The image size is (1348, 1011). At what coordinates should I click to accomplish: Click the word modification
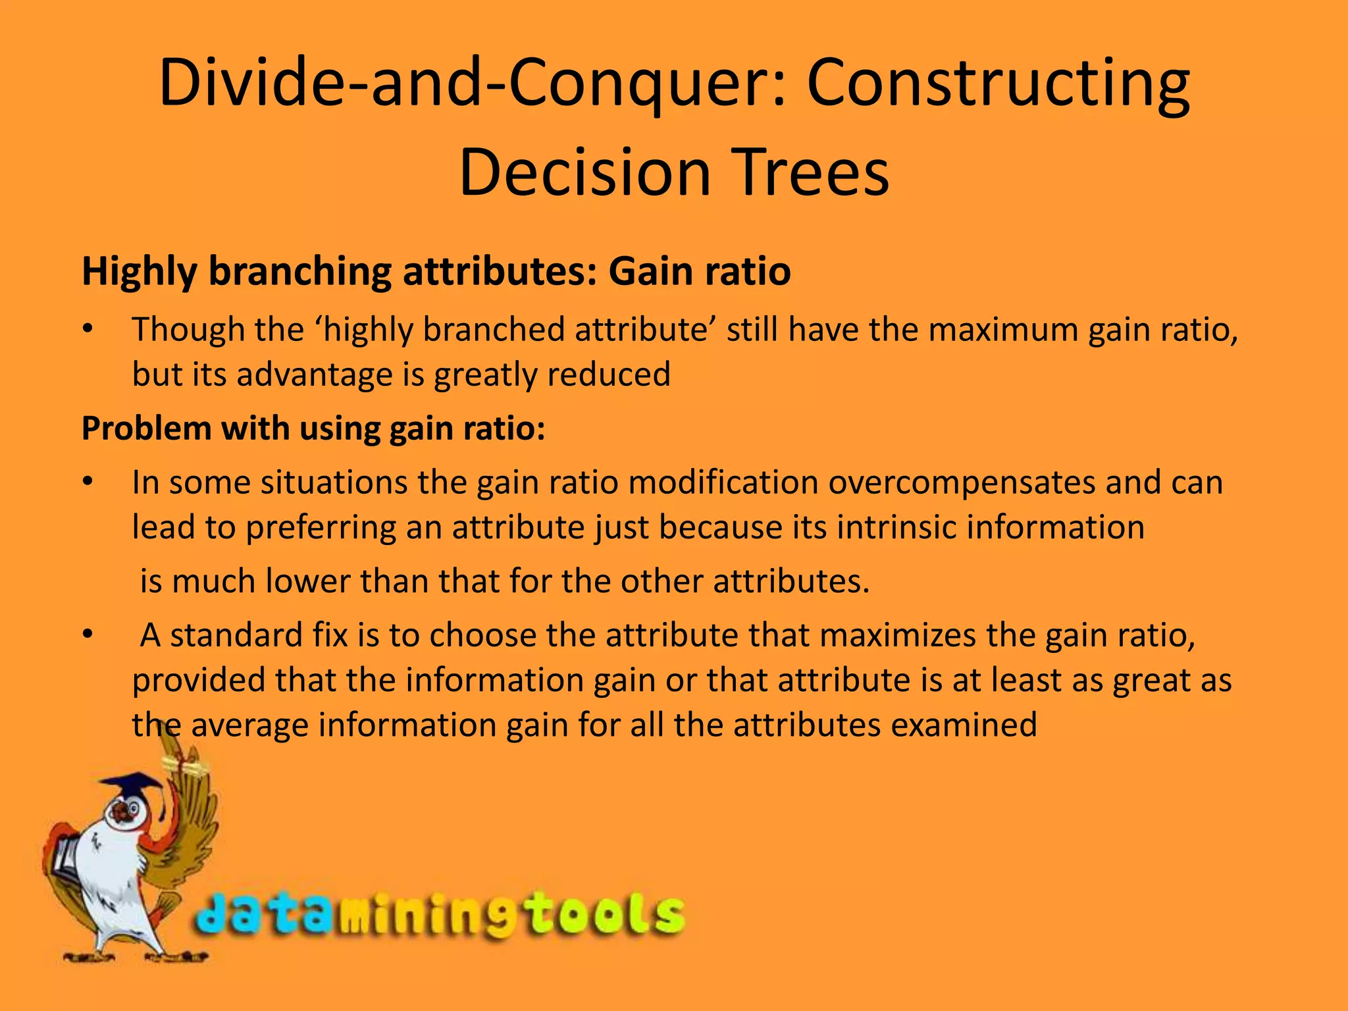tap(723, 483)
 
